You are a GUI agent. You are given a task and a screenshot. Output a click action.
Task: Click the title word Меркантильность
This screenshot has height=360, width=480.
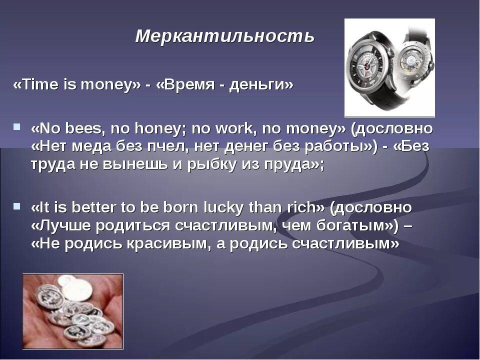[225, 36]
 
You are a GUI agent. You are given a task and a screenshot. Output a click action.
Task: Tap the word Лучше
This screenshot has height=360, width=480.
[62, 225]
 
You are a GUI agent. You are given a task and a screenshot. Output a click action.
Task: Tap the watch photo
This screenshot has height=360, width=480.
[389, 67]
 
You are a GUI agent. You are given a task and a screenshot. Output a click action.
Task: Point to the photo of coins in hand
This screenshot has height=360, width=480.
[72, 310]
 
